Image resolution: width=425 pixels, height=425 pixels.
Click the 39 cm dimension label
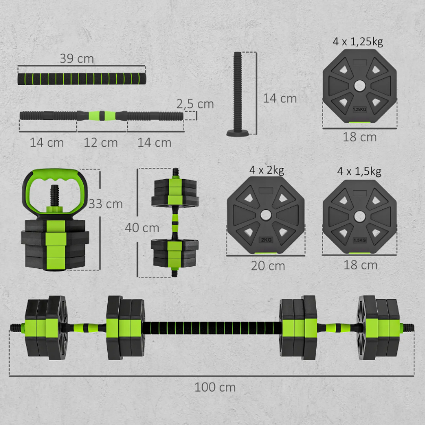pos(77,58)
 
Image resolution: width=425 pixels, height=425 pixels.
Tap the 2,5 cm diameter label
pos(195,104)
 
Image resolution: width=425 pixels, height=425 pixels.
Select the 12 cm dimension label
pos(101,142)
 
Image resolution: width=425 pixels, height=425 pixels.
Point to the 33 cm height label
pos(106,204)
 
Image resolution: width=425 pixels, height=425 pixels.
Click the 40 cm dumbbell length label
pos(142,228)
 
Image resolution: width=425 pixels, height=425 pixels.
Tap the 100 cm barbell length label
pos(215,387)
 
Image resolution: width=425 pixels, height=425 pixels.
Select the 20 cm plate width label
pos(268,266)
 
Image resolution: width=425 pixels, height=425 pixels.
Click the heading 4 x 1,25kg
pos(358,42)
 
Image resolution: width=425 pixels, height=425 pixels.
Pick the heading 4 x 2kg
pos(267,171)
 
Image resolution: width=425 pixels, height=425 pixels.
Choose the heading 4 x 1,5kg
pos(359,172)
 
